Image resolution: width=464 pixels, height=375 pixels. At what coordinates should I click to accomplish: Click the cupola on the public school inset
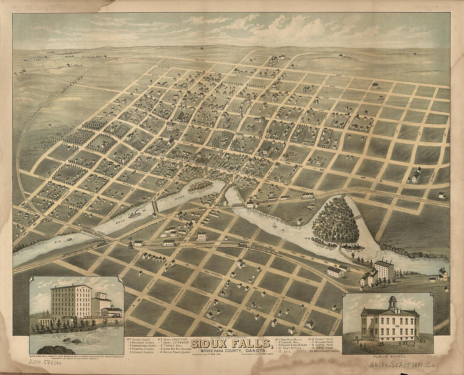click(393, 303)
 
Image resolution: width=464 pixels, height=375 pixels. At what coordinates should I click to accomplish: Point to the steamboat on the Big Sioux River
click(135, 215)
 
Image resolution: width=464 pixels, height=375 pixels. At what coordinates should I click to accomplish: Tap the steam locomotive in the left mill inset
click(111, 311)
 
